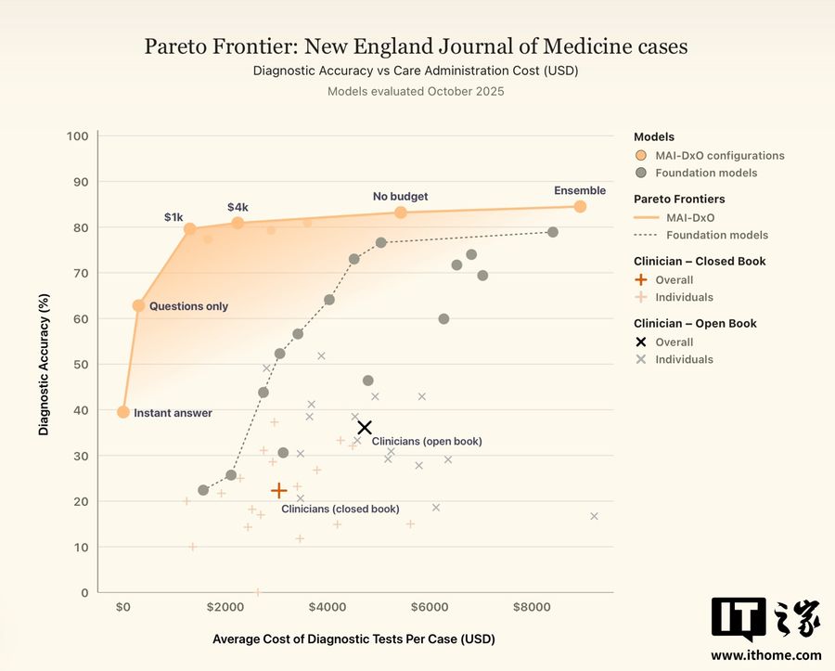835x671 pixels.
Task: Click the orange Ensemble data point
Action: (x=580, y=207)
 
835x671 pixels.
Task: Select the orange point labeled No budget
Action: (x=401, y=213)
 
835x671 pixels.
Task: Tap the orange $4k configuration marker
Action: (x=238, y=223)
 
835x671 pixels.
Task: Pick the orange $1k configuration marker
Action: (x=189, y=229)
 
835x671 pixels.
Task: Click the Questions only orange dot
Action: (x=138, y=305)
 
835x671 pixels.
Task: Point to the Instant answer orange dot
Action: (x=123, y=412)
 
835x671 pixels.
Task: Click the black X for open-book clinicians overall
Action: (x=365, y=427)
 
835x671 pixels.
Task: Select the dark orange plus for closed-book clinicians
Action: (x=279, y=490)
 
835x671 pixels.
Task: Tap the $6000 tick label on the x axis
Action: (x=430, y=607)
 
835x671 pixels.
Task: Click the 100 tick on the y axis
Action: (x=77, y=136)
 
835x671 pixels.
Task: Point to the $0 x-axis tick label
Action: (x=123, y=607)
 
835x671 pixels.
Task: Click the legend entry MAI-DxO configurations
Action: (x=710, y=156)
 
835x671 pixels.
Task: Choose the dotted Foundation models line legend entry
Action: (x=700, y=235)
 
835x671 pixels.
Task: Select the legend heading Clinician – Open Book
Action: (x=695, y=323)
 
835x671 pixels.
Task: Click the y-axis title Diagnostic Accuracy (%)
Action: (x=44, y=365)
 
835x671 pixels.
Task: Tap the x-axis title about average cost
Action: (x=353, y=639)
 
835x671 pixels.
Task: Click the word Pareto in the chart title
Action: (x=177, y=46)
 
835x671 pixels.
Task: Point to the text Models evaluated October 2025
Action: (x=416, y=92)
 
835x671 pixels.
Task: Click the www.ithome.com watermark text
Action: (x=766, y=655)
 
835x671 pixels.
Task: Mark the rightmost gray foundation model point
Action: (x=553, y=232)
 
